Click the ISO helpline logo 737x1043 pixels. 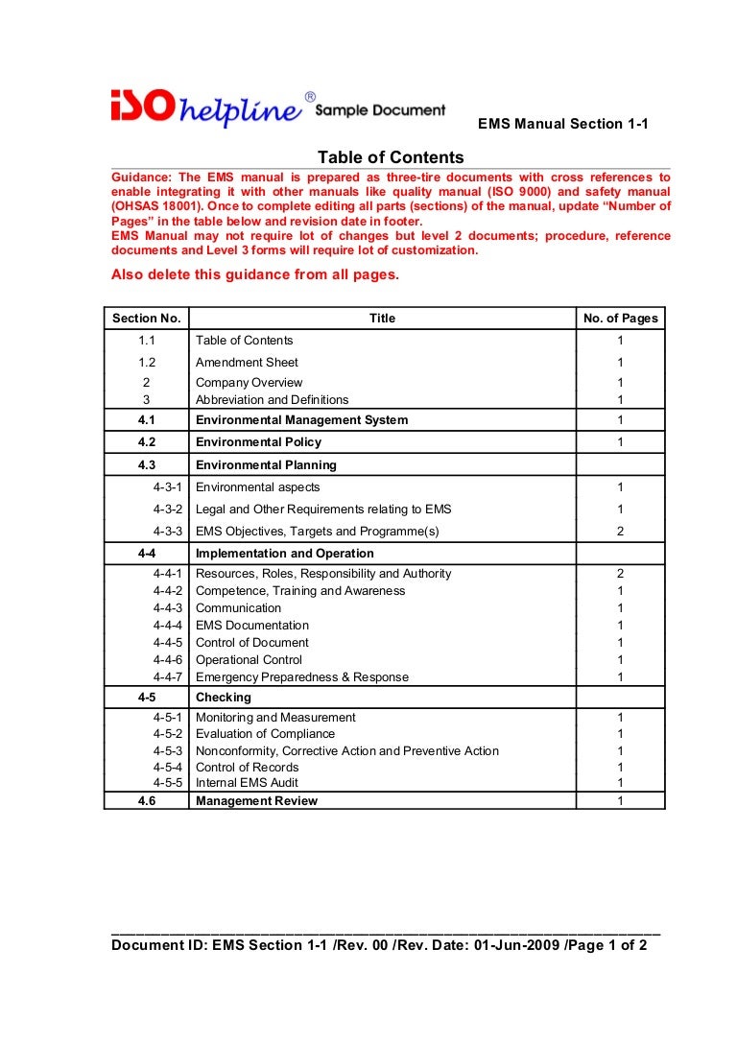pyautogui.click(x=206, y=109)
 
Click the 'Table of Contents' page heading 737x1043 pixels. pyautogui.click(x=391, y=157)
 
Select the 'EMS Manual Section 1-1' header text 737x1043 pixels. pyautogui.click(x=562, y=124)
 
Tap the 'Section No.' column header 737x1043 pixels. pyautogui.click(x=146, y=319)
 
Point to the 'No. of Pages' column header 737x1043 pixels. pyautogui.click(x=620, y=319)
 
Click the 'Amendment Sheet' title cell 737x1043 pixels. pyautogui.click(x=247, y=363)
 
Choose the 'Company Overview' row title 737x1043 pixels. pyautogui.click(x=249, y=383)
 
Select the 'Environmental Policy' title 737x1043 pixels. pyautogui.click(x=258, y=442)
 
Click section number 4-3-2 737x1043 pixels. pyautogui.click(x=169, y=510)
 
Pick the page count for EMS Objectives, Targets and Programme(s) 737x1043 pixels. pyautogui.click(x=620, y=532)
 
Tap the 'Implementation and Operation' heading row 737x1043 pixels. pyautogui.click(x=284, y=554)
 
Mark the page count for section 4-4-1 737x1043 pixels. pyautogui.click(x=620, y=574)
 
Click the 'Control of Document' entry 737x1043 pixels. pyautogui.click(x=251, y=643)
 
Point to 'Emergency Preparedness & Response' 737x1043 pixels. pyautogui.click(x=301, y=677)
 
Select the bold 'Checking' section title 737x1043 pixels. pyautogui.click(x=223, y=698)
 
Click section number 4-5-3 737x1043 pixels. pyautogui.click(x=169, y=751)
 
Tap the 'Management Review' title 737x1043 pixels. pyautogui.click(x=256, y=801)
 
